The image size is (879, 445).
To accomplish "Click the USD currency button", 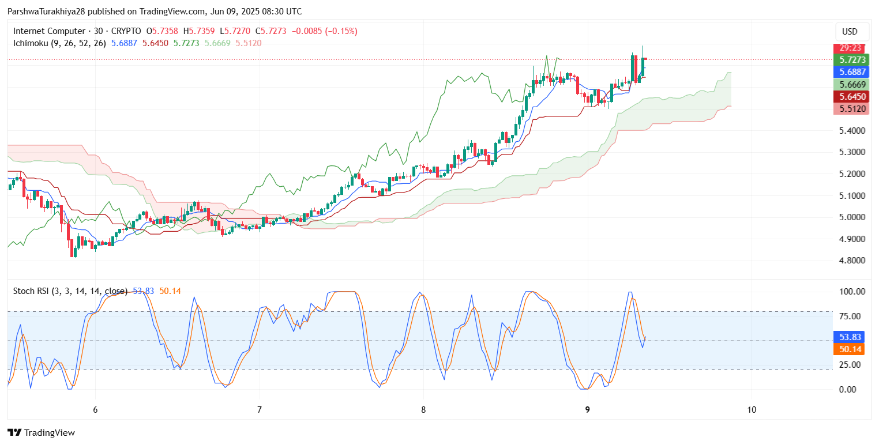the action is [x=850, y=32].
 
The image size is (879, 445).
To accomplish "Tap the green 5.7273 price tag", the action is [x=851, y=60].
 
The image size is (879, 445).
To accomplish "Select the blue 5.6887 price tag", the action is [x=851, y=72].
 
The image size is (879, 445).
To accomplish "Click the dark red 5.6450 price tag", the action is [x=851, y=97].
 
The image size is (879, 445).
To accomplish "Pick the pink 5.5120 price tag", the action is [x=851, y=109].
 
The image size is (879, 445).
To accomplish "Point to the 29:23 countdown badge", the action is [x=850, y=48].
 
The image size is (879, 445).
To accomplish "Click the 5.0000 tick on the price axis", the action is [x=852, y=217].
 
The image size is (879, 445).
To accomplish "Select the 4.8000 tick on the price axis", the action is [x=852, y=261].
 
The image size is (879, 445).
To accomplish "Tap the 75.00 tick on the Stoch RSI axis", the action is [x=850, y=316].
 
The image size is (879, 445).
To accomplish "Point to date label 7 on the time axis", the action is [x=260, y=410].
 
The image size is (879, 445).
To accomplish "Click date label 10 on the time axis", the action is [x=752, y=410].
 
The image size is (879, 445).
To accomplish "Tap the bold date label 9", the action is [x=587, y=410].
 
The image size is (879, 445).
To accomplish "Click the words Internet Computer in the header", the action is [x=49, y=31].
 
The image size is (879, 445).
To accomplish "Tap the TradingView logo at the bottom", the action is [x=41, y=432].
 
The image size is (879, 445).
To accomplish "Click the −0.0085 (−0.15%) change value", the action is [x=325, y=31].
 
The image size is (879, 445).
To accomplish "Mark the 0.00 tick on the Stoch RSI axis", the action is [x=848, y=389].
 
